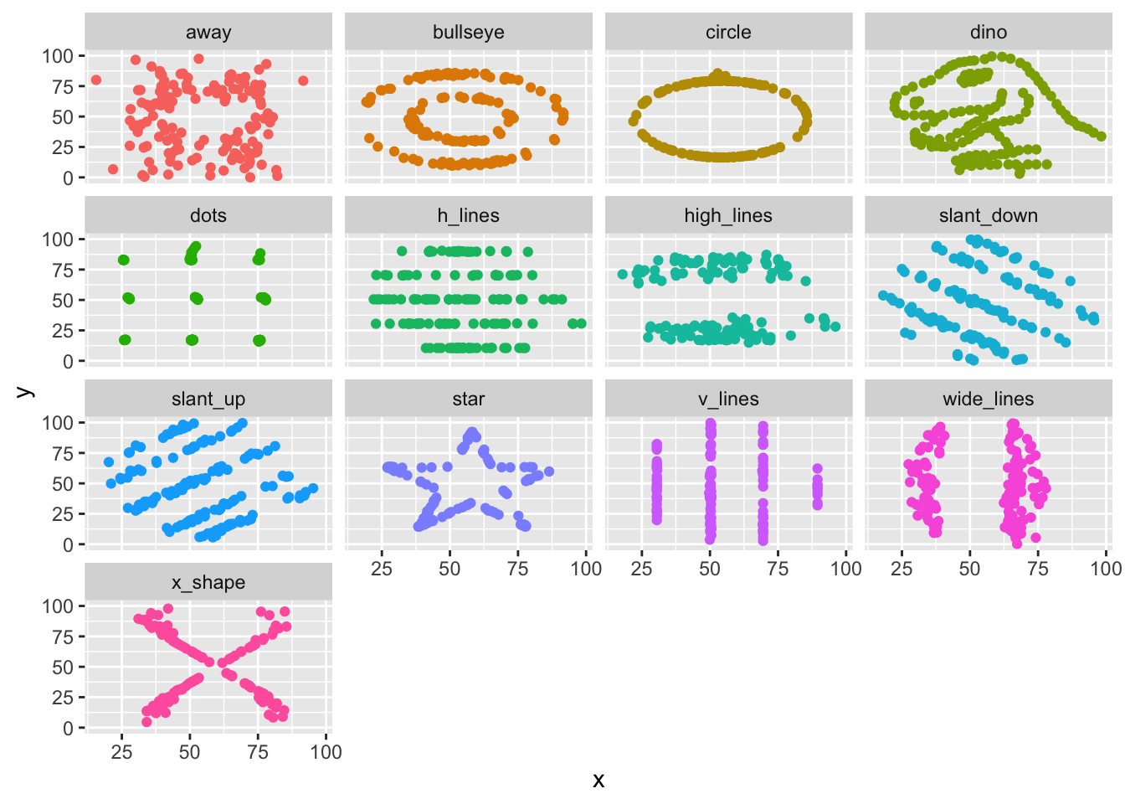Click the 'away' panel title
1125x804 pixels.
[208, 33]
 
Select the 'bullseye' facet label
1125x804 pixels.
[468, 33]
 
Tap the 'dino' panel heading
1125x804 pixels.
[988, 33]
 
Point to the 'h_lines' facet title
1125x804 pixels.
[468, 216]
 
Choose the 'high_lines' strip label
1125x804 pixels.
[728, 216]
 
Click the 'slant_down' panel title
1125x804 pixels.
[988, 216]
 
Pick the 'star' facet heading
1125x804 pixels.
[468, 399]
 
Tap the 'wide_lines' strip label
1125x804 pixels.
[988, 399]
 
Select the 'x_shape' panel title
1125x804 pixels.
[208, 583]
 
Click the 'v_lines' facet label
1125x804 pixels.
[728, 399]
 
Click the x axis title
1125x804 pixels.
[598, 781]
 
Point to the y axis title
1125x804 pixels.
[25, 391]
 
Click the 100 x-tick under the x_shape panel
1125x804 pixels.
[326, 752]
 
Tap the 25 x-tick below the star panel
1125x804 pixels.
[382, 569]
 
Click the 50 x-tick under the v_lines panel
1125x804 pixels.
[710, 569]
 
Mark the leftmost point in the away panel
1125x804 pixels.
[95, 80]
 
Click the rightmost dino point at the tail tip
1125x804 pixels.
[1102, 137]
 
